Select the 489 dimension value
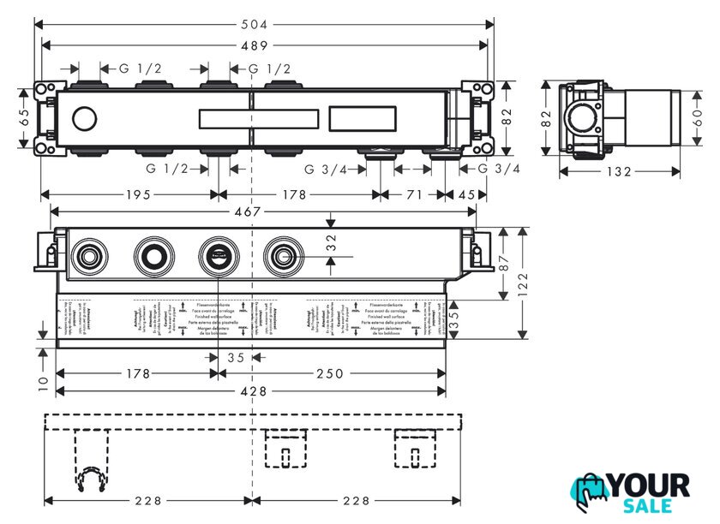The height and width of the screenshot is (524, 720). [253, 45]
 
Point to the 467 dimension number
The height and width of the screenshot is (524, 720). [252, 211]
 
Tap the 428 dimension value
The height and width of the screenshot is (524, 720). [252, 391]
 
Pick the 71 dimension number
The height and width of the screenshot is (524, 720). [413, 195]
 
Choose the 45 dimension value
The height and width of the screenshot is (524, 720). [466, 195]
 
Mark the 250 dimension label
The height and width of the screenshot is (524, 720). [330, 373]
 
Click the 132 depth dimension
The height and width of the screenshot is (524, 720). [619, 172]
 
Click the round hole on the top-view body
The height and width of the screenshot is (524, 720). [85, 118]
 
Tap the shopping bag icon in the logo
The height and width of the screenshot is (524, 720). [590, 494]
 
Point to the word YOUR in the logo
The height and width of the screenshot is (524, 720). [649, 485]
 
